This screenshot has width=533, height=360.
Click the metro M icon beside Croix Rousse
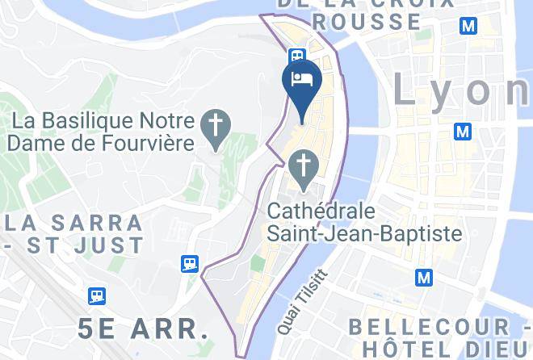click(468, 27)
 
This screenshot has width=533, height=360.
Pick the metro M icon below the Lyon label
click(463, 130)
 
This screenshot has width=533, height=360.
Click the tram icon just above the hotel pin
click(297, 56)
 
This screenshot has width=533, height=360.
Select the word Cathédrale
click(321, 212)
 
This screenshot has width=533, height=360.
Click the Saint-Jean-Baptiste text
click(365, 234)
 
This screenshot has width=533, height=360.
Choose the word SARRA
click(98, 221)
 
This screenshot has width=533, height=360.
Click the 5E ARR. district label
click(139, 329)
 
